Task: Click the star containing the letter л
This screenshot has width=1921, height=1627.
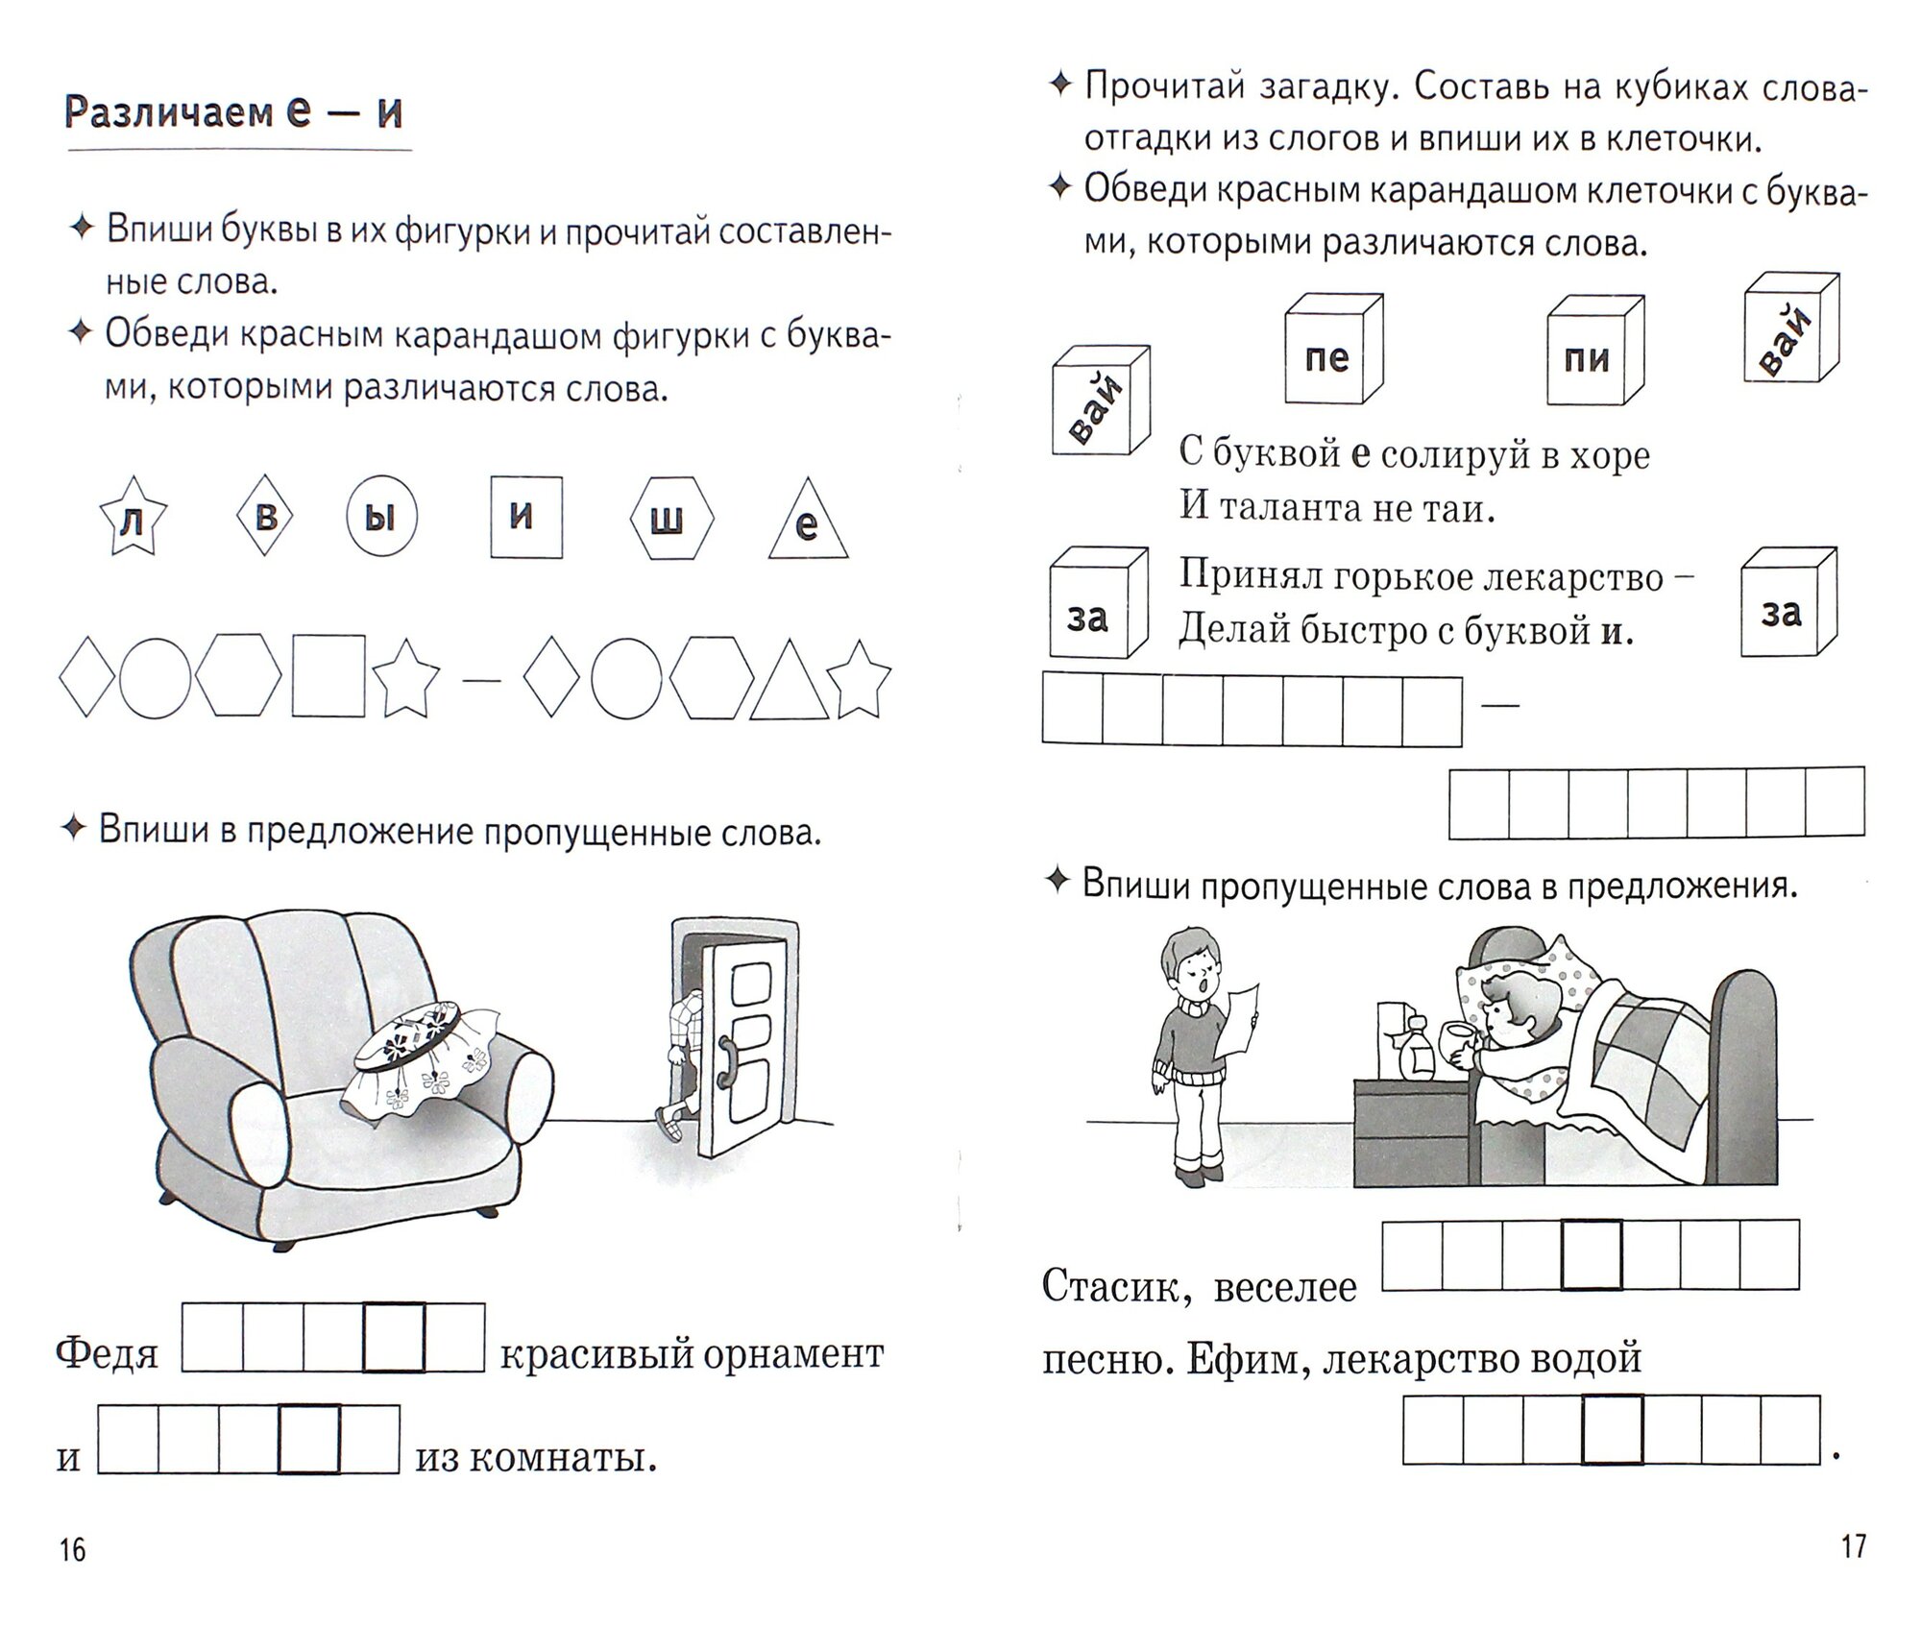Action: [x=133, y=520]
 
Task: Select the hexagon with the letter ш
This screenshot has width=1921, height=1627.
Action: [x=671, y=519]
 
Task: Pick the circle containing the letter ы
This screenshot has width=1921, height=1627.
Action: [x=381, y=517]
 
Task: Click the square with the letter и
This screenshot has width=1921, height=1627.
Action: [x=525, y=517]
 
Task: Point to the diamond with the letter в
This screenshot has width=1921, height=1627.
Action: [x=264, y=517]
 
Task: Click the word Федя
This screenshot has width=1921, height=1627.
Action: [x=107, y=1354]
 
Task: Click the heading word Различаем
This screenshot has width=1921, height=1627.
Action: [x=168, y=113]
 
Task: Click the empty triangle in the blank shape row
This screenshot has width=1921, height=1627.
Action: [x=789, y=681]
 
